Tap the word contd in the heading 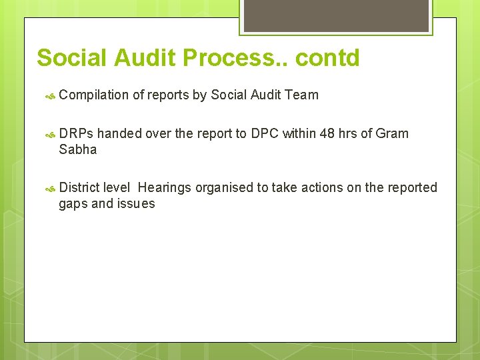pos(327,58)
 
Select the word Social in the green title pos(71,58)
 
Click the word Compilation pos(93,95)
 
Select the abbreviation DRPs pos(77,133)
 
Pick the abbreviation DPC pos(265,133)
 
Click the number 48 pos(327,133)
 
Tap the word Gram pos(392,133)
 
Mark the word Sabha pos(77,149)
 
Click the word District pos(79,188)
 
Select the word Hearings pos(165,188)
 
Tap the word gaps pos(73,204)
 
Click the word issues pos(136,204)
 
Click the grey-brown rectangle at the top pos(336,15)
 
